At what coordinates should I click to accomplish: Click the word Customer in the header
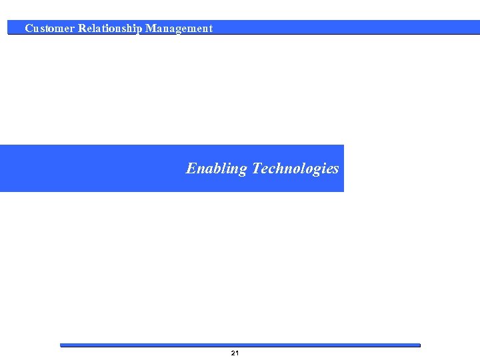49,29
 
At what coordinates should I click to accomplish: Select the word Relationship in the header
110,29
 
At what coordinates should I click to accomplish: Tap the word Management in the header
179,29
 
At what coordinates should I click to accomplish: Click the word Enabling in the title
216,169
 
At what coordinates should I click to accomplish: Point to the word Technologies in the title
295,169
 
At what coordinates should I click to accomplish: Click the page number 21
235,353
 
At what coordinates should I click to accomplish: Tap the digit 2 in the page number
233,353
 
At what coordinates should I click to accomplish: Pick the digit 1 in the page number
237,353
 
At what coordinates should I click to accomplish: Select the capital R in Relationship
82,29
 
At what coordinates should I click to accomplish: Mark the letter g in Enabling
242,171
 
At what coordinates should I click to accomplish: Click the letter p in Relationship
138,30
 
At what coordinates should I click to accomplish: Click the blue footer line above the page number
240,345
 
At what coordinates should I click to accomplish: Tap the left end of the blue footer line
62,345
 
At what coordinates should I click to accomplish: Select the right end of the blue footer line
419,345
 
